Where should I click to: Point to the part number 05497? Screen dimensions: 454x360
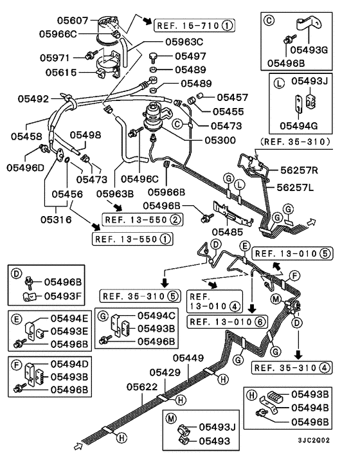[x=190, y=57]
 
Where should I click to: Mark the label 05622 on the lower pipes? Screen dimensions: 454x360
[x=143, y=386]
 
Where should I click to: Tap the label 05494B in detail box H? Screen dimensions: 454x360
[x=311, y=408]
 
